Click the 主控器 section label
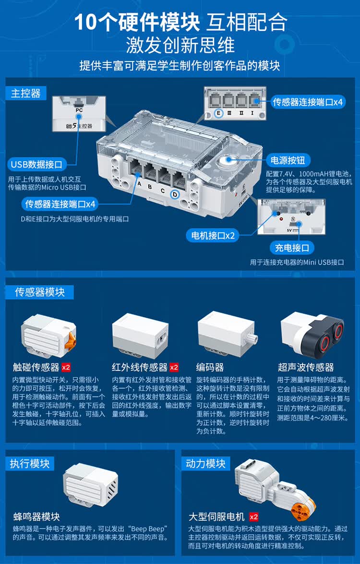pyautogui.click(x=26, y=94)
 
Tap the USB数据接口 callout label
pyautogui.click(x=36, y=165)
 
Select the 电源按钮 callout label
pyautogui.click(x=288, y=160)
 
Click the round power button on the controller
pyautogui.click(x=228, y=160)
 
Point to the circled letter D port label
pyautogui.click(x=175, y=194)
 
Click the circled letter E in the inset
pyautogui.click(x=218, y=113)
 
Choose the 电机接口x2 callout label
pyautogui.click(x=213, y=236)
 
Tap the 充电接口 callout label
pyautogui.click(x=292, y=248)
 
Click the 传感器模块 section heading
pyautogui.click(x=39, y=292)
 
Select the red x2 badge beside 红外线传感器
pyautogui.click(x=174, y=367)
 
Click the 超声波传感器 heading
pyautogui.click(x=306, y=367)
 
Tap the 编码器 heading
pyautogui.click(x=210, y=367)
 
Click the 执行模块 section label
pyautogui.click(x=29, y=464)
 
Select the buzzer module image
pyautogui.click(x=90, y=485)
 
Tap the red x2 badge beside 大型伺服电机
pyautogui.click(x=253, y=517)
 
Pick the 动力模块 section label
pyautogui.click(x=205, y=464)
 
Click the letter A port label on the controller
pyautogui.click(x=140, y=184)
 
